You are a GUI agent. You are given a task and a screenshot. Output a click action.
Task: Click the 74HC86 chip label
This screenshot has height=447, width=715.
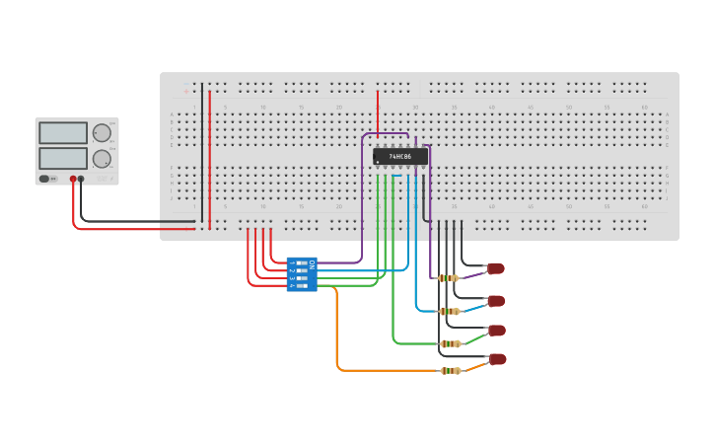point(400,156)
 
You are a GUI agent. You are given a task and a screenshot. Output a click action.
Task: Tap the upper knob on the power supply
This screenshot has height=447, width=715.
point(102,133)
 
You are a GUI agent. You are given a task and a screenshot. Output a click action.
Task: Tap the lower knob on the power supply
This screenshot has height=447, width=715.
point(102,158)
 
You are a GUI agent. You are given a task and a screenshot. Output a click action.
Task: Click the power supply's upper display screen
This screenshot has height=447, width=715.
point(63,133)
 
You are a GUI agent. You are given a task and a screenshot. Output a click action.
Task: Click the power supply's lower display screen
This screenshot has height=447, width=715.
point(63,158)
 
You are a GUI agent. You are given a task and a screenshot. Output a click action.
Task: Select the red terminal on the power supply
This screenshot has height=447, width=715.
point(73,180)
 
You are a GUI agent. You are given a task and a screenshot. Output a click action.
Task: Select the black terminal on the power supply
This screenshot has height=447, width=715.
point(82,180)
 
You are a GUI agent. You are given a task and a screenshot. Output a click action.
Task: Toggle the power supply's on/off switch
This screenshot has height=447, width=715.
point(44,179)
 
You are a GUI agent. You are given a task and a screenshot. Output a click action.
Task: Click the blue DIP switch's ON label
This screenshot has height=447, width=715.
point(312,264)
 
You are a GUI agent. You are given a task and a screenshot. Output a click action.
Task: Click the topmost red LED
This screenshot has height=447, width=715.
point(496,268)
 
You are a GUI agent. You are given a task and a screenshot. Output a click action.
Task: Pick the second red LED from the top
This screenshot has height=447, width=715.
point(496,301)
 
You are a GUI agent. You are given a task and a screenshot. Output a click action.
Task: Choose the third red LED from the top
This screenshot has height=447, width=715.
point(496,331)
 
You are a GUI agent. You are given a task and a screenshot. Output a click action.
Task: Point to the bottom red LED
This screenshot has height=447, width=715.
point(497,359)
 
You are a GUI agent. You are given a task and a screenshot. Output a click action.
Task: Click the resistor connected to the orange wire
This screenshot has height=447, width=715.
point(450,371)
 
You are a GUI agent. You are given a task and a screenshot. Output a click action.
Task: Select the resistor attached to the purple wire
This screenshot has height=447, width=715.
point(449,278)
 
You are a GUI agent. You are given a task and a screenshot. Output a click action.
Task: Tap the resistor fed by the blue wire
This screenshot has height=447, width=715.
point(449,311)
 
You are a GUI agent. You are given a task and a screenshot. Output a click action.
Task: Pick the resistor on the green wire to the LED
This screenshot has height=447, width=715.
point(450,343)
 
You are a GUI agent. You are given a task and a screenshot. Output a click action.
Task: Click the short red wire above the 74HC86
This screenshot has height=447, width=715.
point(378,113)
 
